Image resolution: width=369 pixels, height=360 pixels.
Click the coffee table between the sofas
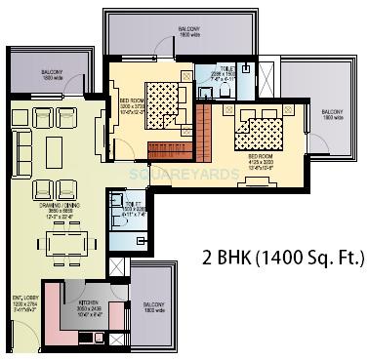click(x=53, y=152)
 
